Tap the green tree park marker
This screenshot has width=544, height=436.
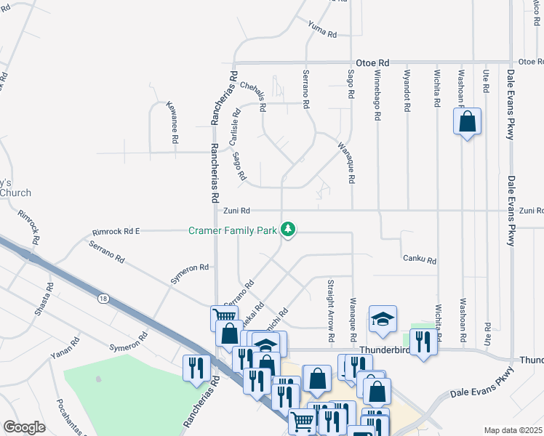pos(289,230)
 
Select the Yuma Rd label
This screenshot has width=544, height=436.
pos(322,30)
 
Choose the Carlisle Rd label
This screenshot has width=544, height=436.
pos(236,125)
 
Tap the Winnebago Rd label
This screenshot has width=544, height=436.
pos(377,91)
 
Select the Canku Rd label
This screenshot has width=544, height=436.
pos(419,259)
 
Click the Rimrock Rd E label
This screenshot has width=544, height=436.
pos(116,231)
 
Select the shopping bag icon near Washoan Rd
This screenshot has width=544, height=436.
pos(468,121)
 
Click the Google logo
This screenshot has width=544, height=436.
pos(25,427)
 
